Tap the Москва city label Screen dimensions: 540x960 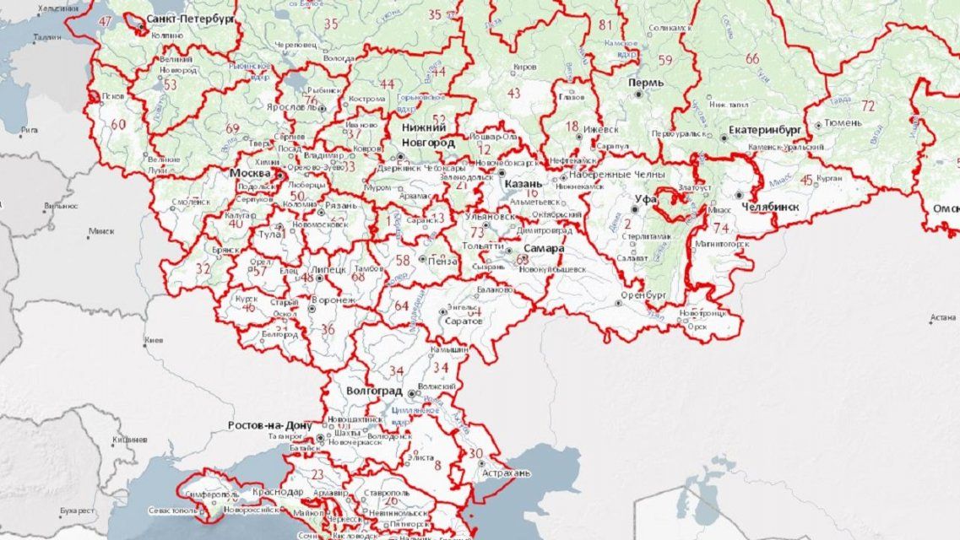[251, 173]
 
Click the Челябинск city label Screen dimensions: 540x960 [769, 207]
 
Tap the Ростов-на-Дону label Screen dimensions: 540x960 [270, 425]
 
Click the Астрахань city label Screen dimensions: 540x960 [506, 473]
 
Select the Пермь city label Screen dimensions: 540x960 [645, 83]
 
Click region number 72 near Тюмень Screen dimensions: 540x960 [868, 106]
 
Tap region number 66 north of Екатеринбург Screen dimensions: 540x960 [751, 58]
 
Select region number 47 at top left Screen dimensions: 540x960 [105, 20]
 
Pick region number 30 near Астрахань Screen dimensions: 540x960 [476, 454]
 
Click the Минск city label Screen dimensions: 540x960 [100, 230]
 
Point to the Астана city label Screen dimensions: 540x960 [942, 318]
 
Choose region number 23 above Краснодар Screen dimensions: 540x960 [317, 474]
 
